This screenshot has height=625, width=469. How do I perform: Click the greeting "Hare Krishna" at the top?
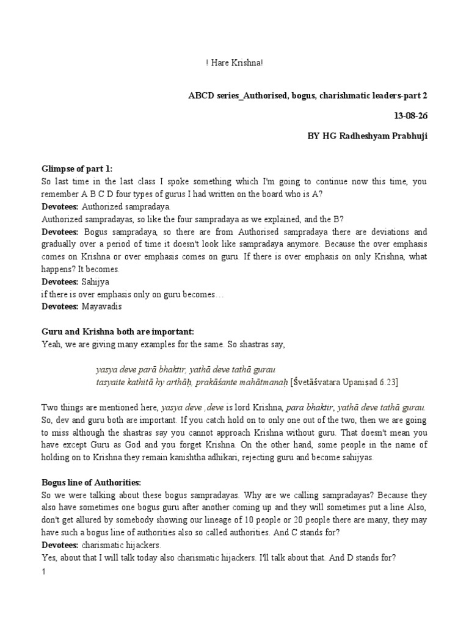[235, 63]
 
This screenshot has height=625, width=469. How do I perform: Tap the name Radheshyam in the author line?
[366, 135]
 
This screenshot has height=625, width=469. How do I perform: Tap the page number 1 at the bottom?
[43, 572]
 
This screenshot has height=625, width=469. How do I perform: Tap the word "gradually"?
[59, 245]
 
